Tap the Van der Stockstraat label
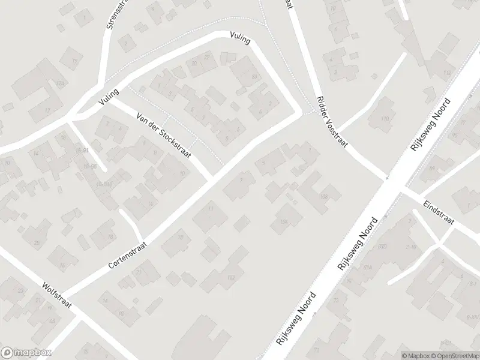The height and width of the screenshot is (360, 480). click(164, 136)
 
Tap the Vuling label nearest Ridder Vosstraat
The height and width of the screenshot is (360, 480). click(239, 40)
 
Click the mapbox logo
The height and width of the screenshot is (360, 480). click(26, 353)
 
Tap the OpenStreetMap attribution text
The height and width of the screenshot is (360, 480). click(454, 356)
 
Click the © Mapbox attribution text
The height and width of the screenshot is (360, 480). click(416, 356)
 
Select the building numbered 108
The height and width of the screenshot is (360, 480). click(324, 196)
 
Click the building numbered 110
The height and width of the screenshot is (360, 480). click(385, 119)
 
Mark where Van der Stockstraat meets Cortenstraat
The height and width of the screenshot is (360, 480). click(212, 176)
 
